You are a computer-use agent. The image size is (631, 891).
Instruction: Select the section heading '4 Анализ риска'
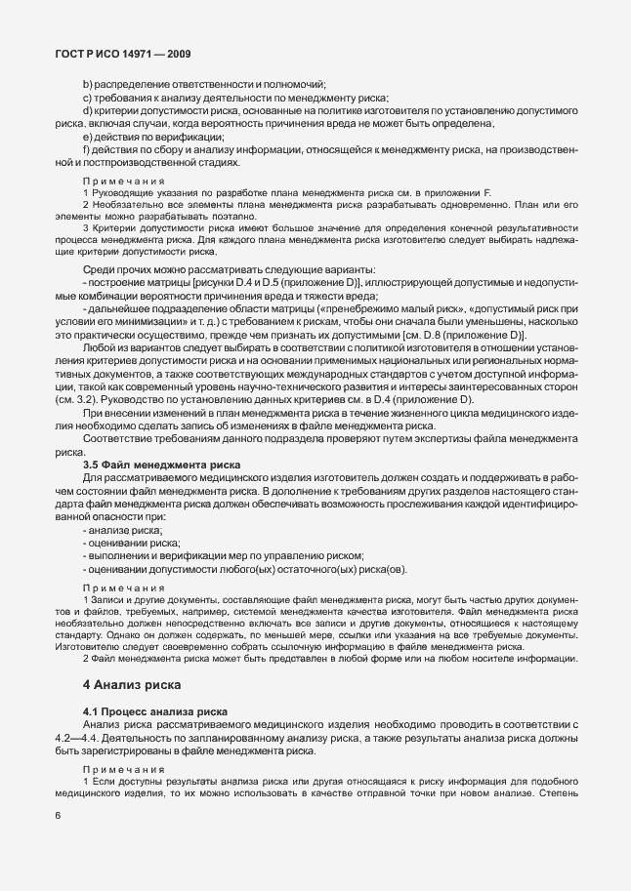point(132,685)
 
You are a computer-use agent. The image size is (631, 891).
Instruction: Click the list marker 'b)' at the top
point(88,84)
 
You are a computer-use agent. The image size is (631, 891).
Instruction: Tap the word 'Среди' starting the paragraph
point(99,269)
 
